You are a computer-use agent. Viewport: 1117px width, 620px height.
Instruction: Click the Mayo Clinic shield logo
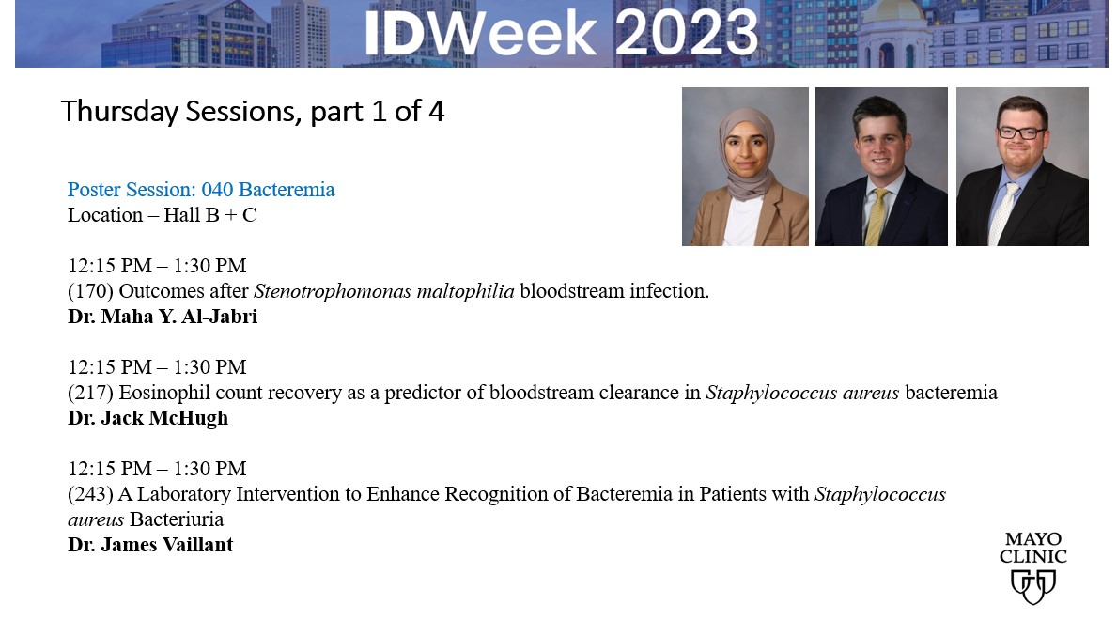(1032, 585)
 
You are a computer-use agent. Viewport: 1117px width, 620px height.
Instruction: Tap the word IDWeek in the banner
(480, 33)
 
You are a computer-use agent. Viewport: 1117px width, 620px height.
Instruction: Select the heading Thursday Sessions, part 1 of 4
(252, 112)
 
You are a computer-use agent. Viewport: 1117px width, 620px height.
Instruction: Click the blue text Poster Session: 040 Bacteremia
(201, 190)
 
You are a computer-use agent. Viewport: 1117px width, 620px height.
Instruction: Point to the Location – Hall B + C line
(162, 215)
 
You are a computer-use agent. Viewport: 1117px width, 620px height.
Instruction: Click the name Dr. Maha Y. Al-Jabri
(163, 317)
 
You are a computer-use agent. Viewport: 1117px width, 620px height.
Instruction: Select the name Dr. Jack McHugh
(147, 418)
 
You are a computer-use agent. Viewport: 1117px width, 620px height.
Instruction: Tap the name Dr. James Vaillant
(150, 545)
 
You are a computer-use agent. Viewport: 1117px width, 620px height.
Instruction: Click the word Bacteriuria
(177, 519)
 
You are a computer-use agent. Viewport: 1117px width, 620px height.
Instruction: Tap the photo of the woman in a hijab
(745, 166)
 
